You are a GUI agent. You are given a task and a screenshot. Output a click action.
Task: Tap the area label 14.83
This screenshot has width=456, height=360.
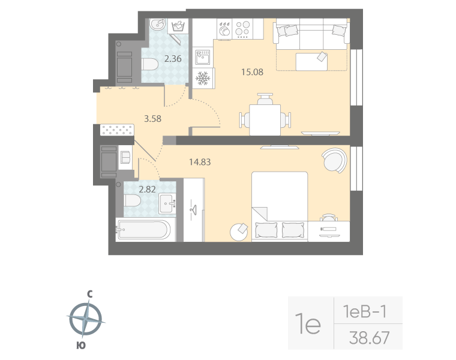[199, 161]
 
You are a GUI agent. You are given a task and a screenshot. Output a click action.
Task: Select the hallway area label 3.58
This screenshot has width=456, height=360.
[153, 118]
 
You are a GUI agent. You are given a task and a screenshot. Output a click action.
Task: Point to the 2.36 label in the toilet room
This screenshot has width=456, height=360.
[173, 59]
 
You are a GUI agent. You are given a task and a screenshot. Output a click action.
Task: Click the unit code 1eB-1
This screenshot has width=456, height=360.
[364, 311]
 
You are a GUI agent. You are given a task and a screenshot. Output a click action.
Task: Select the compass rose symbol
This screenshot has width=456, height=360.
[85, 319]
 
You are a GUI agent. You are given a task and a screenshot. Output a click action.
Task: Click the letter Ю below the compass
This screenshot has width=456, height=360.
[80, 345]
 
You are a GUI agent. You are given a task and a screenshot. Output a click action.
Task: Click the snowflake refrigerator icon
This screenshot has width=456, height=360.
[203, 79]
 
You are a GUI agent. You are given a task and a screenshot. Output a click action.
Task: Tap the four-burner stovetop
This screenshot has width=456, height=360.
[243, 29]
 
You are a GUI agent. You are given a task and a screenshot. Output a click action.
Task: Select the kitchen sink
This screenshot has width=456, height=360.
[203, 59]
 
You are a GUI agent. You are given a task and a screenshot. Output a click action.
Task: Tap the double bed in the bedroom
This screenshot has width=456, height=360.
[280, 206]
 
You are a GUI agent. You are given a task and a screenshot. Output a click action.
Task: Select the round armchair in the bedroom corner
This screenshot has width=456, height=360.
[334, 160]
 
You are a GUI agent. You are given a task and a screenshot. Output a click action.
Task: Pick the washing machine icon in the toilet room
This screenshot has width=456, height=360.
[178, 26]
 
